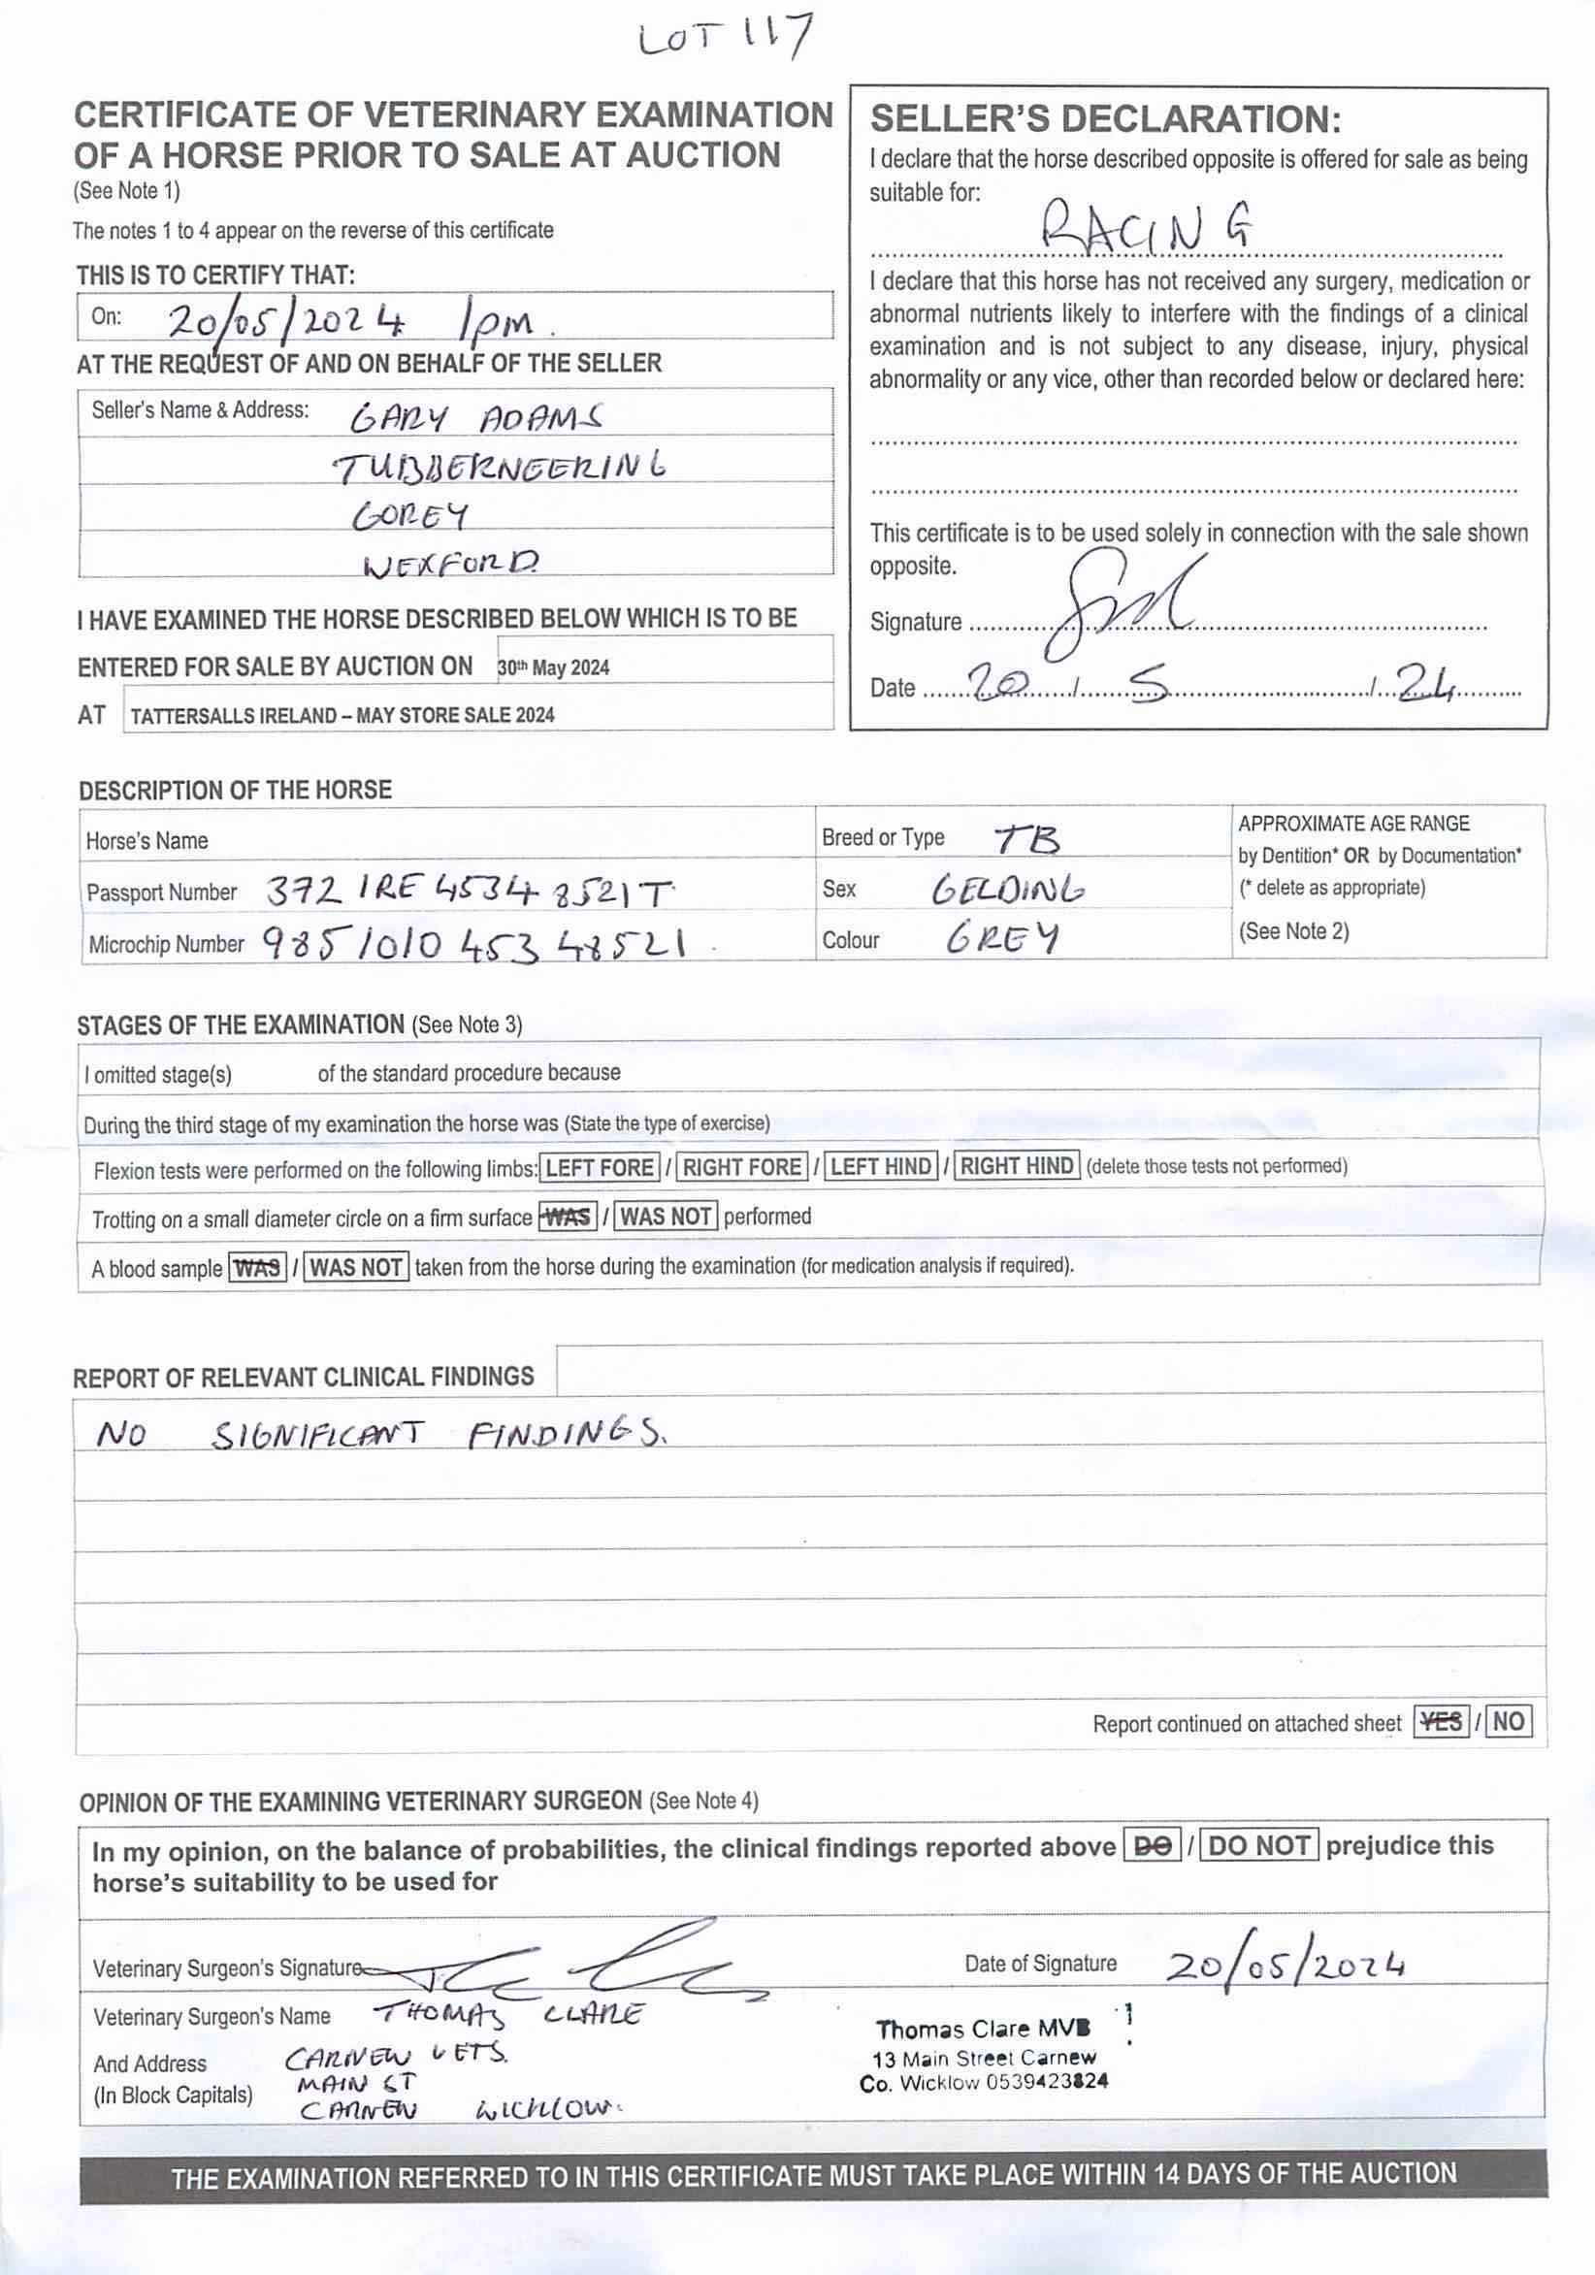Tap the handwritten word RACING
tap(1147, 228)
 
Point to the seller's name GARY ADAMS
tap(475, 419)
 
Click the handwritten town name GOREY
tap(411, 515)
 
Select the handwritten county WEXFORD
tap(452, 565)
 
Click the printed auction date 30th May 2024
tap(553, 667)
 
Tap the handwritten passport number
tap(470, 893)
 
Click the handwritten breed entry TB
tap(1026, 840)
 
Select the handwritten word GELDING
tap(1007, 890)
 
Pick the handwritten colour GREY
tap(1001, 938)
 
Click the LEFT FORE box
tap(600, 1167)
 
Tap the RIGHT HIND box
tap(1017, 1166)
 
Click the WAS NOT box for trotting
tap(666, 1216)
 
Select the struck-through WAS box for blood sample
tap(256, 1267)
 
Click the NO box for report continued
tap(1508, 1721)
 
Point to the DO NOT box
tap(1259, 1846)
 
